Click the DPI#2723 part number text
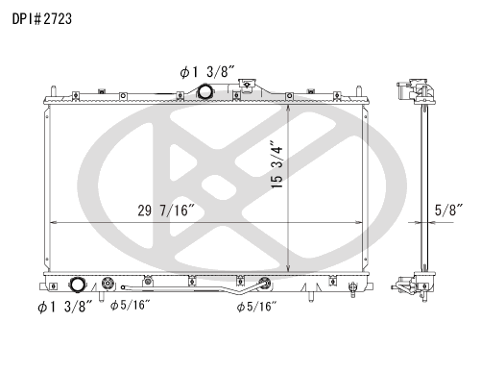pos(42,19)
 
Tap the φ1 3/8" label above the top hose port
pos(207,72)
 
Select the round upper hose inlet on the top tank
pos(204,91)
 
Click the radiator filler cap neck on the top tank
pos(247,86)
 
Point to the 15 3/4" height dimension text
pos(277,164)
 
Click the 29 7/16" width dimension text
pos(166,211)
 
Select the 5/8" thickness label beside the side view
pos(448,210)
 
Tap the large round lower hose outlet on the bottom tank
pos(77,285)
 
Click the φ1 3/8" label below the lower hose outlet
pos(65,307)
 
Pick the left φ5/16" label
pos(130,305)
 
